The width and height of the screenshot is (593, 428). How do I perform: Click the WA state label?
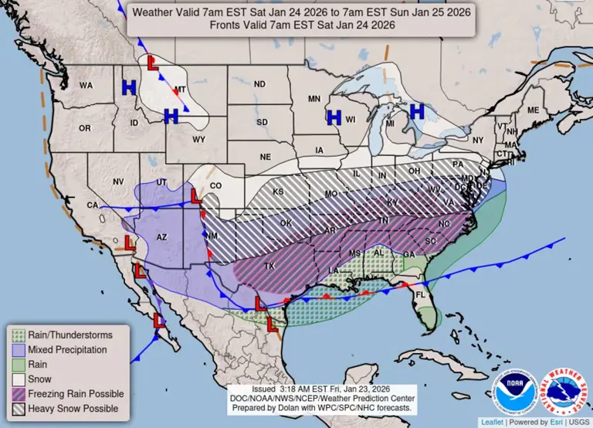(86, 86)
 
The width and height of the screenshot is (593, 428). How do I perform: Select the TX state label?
(269, 266)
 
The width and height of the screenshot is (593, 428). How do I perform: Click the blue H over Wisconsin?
(334, 117)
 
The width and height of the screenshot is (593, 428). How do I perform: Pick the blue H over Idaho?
(129, 88)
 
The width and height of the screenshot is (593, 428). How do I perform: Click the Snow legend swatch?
(17, 379)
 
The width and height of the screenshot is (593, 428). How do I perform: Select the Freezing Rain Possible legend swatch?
(17, 394)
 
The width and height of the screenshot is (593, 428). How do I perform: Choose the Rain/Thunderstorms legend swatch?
(17, 335)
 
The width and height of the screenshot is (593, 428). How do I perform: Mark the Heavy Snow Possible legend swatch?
(17, 409)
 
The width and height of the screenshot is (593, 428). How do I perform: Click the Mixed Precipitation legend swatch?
(17, 350)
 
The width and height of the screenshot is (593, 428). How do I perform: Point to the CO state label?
(215, 185)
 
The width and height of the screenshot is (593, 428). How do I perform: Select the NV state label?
(118, 181)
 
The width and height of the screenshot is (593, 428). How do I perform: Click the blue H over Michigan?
(417, 111)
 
